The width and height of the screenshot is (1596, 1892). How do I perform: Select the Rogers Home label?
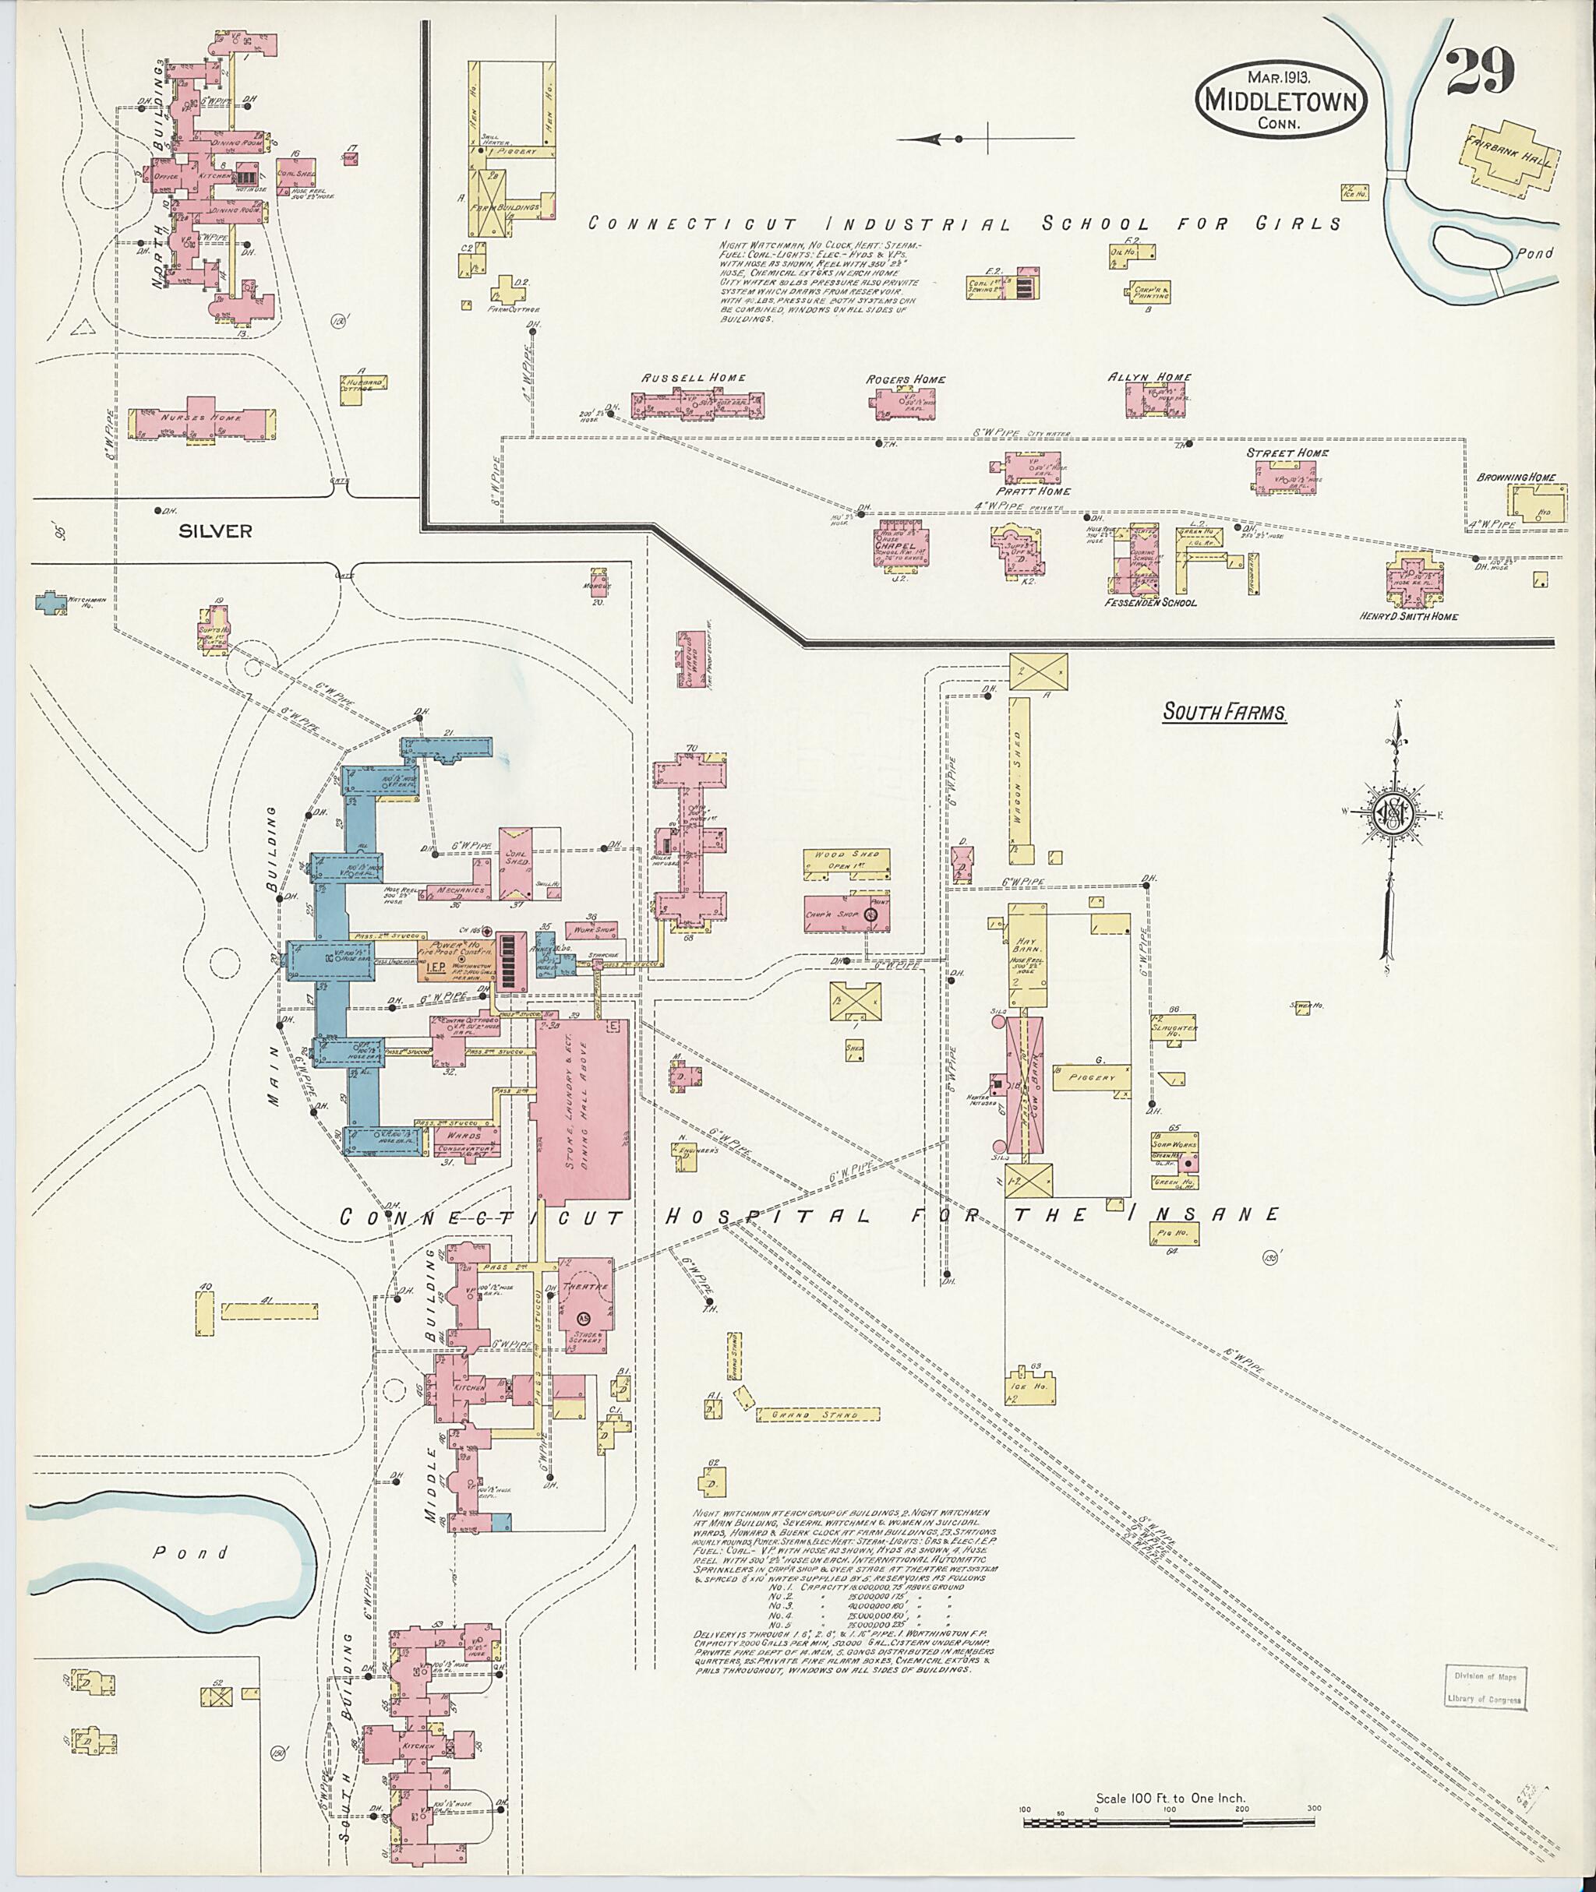coord(906,380)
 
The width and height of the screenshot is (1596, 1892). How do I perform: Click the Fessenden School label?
coord(1150,602)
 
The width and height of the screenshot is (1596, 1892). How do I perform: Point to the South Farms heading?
coord(1224,713)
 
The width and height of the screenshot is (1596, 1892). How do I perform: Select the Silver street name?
coord(214,531)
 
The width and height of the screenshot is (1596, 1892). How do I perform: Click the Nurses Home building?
coord(202,421)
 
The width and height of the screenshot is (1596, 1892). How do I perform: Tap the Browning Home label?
coord(1517,477)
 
